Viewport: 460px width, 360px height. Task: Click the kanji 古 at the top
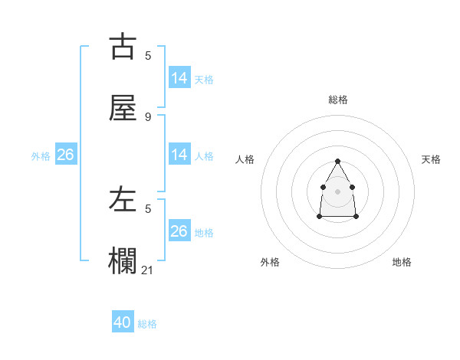[123, 47]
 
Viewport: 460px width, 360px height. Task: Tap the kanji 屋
[123, 108]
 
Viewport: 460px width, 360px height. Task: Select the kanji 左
[123, 201]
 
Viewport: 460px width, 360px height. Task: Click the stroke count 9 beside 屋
[148, 116]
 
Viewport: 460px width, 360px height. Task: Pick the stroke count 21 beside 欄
[148, 270]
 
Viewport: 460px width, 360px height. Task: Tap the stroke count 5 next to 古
[148, 55]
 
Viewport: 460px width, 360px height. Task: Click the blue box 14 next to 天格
[179, 77]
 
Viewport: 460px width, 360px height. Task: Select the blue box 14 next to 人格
[179, 155]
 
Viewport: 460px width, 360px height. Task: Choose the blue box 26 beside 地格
[179, 231]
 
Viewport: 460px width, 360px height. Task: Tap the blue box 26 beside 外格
[65, 155]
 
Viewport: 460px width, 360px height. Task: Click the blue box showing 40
[123, 322]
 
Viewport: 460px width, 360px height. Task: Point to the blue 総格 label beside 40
[148, 324]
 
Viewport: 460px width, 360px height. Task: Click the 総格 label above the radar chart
[338, 100]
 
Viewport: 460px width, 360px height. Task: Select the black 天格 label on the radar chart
[432, 159]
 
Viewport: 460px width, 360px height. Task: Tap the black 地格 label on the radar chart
[402, 262]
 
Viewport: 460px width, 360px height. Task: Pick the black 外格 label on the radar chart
[270, 262]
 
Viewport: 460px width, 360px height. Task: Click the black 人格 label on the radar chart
[245, 159]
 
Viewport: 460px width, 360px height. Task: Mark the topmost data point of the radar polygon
[337, 161]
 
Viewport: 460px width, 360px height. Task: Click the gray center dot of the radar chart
[337, 191]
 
